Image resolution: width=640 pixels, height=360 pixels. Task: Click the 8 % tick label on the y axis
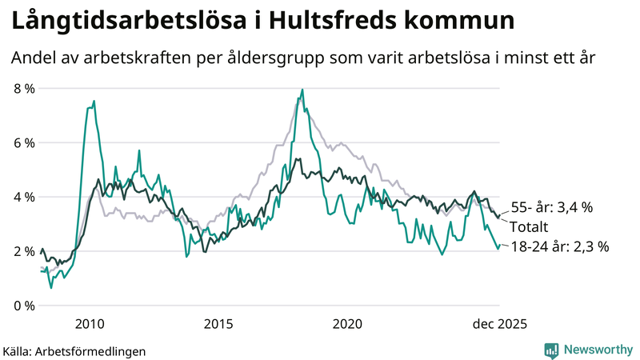(x=24, y=88)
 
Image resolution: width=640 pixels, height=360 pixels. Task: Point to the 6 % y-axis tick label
(x=24, y=142)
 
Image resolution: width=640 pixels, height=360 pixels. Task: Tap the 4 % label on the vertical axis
(x=24, y=197)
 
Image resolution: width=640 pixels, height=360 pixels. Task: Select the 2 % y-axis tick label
(x=24, y=251)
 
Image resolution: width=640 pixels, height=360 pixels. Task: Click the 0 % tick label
(x=24, y=306)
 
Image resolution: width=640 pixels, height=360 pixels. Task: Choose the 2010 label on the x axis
(x=89, y=324)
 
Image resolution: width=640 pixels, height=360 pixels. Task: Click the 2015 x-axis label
(x=218, y=324)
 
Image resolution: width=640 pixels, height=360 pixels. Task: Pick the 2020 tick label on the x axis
(x=347, y=324)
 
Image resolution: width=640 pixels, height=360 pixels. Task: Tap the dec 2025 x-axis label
(x=499, y=324)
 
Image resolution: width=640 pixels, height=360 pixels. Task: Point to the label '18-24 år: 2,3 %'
(x=559, y=246)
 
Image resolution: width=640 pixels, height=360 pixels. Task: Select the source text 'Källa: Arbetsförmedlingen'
(x=74, y=350)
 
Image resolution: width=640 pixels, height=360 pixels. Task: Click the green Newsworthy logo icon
(x=552, y=350)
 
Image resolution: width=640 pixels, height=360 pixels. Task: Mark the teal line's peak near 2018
(x=302, y=90)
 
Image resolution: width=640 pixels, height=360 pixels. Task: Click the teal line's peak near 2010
(x=94, y=102)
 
